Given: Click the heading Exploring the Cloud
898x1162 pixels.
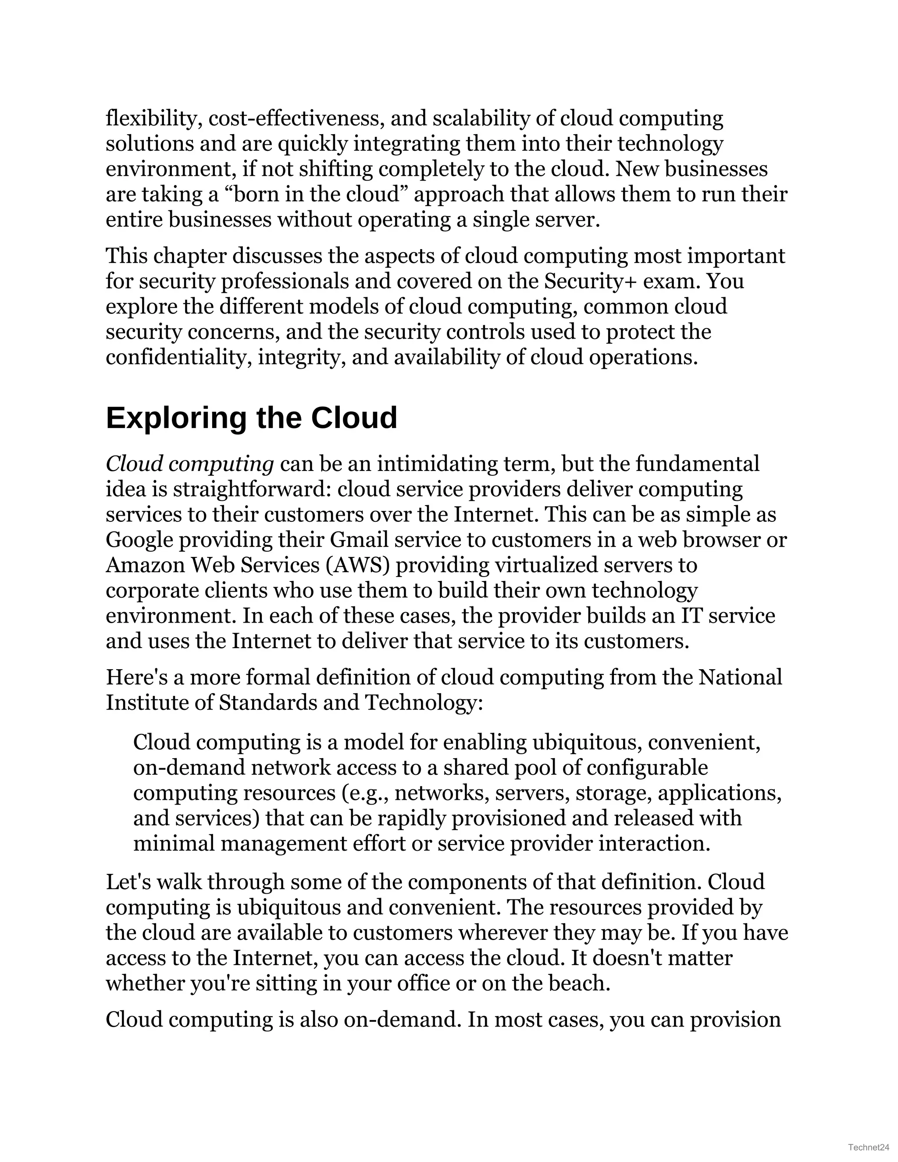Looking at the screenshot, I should (251, 418).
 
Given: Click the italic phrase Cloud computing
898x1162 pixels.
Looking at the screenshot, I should (189, 464).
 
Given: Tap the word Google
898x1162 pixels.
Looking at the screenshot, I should (139, 540).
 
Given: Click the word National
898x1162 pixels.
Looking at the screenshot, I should (740, 678).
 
